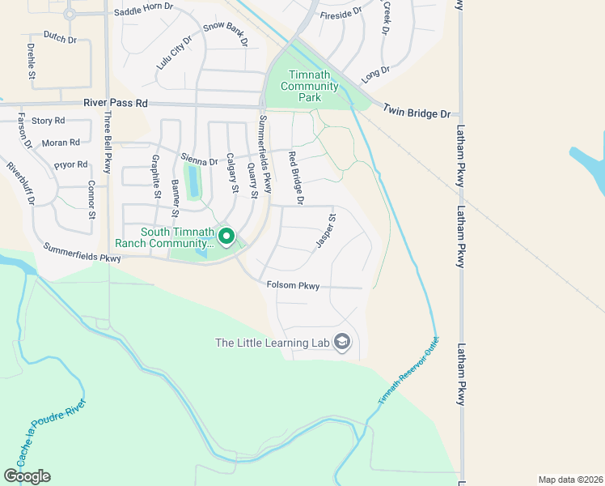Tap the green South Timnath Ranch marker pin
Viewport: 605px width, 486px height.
tap(226, 237)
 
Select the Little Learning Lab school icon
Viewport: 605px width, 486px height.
tap(342, 343)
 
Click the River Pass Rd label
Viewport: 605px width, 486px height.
tap(117, 104)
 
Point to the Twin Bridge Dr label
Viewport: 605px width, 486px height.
tap(416, 113)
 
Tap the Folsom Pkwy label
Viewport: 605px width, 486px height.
tap(294, 286)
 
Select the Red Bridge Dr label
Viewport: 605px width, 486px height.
tap(294, 177)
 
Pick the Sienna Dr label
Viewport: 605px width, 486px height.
tap(201, 161)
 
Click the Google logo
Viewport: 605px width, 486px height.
tap(27, 476)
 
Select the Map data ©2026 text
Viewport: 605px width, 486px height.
tap(569, 480)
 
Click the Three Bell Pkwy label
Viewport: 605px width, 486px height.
tap(108, 143)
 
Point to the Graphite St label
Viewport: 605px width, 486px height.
tap(156, 177)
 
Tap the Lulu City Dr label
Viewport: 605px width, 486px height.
tap(175, 51)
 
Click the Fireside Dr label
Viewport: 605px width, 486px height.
tap(340, 15)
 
